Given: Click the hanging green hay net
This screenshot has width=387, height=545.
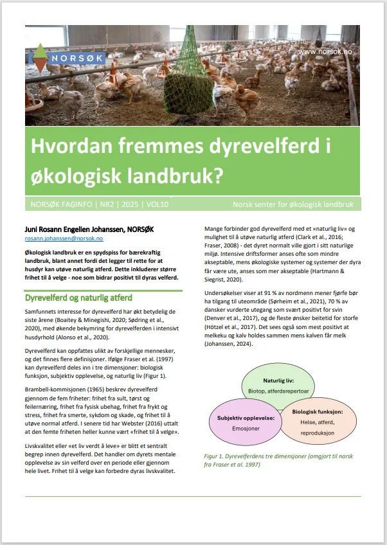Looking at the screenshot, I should click(188, 78).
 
